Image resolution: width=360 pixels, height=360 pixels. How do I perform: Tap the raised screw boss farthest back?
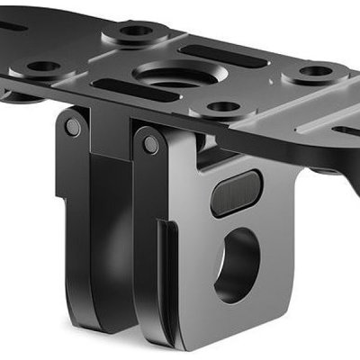tap(137, 32)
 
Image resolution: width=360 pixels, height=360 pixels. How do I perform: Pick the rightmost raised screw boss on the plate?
tap(315, 72)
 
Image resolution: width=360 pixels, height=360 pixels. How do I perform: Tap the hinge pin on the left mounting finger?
tap(73, 129)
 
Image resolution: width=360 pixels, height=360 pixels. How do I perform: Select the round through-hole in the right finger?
tap(236, 263)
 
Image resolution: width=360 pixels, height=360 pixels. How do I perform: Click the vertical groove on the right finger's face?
tap(163, 270)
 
